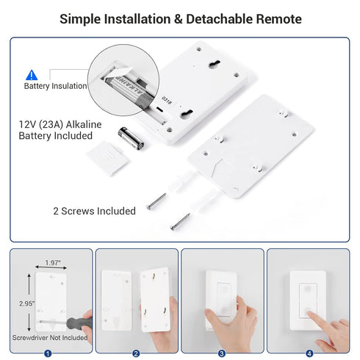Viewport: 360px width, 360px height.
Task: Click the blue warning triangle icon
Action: coord(32,75)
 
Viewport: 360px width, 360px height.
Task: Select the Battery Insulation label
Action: coord(54,87)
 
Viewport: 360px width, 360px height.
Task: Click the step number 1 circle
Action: coord(48,353)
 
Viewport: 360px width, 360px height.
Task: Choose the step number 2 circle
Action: coord(136,353)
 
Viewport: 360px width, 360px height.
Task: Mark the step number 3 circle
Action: coord(222,353)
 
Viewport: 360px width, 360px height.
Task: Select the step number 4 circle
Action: coord(308,353)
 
